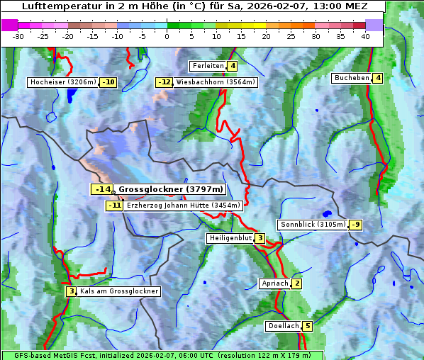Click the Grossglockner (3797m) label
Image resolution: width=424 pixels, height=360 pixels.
coord(171,190)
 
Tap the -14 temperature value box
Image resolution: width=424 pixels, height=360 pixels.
coord(102,190)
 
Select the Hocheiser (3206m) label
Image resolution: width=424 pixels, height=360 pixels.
coord(62,82)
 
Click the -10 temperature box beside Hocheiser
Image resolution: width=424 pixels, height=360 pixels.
coord(108,82)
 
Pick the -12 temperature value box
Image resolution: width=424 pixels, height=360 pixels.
coord(164,82)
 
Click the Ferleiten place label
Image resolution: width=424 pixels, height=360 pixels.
coord(208,66)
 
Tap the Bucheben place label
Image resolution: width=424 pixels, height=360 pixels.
coord(352,78)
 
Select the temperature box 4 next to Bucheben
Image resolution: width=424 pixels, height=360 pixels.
coord(378,78)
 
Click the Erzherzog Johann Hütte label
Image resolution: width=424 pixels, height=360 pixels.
coord(184,206)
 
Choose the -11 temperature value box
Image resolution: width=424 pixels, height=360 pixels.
coord(114,206)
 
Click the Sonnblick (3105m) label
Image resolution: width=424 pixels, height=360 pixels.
coord(313,225)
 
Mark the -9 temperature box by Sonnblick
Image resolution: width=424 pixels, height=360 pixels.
coord(356,225)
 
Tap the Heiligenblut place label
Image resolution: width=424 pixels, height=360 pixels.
coord(230,238)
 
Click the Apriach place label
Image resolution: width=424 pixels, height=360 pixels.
coord(274,283)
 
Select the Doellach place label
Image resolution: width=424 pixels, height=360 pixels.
coord(283,326)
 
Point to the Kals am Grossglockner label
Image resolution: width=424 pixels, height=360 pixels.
coord(118,291)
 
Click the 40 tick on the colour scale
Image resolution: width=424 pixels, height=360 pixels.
coord(364,35)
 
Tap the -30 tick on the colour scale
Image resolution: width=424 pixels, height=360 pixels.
coord(18,35)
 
